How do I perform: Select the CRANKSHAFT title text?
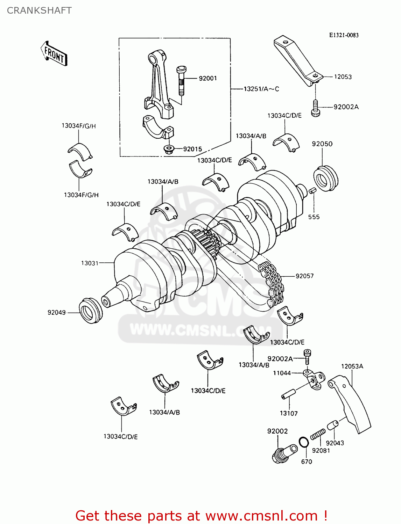39,10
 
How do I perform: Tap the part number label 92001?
208,78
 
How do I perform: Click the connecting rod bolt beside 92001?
181,80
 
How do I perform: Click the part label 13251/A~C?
261,89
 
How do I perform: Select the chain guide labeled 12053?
297,61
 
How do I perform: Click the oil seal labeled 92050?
326,178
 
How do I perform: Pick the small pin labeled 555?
312,190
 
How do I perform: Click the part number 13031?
90,263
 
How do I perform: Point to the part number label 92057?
304,276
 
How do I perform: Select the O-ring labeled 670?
304,442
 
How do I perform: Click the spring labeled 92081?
318,435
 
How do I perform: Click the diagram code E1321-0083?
344,35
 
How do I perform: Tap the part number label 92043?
335,443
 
